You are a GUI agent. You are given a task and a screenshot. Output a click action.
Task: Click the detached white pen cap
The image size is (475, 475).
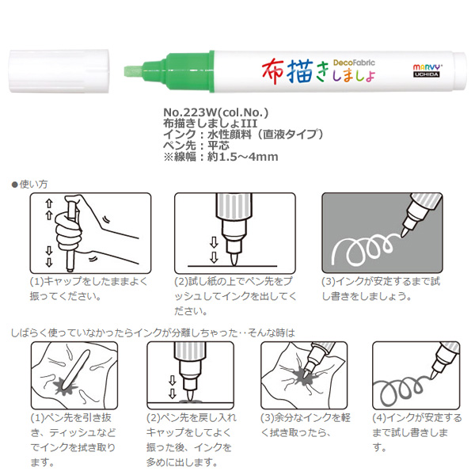[x=59, y=71]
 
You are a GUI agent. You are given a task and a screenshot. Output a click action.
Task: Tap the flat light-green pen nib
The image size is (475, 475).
[x=134, y=72]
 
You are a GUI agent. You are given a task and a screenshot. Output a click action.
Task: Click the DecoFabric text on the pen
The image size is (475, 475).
[x=354, y=63]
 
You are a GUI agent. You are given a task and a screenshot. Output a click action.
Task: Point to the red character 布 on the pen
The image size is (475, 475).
[x=273, y=71]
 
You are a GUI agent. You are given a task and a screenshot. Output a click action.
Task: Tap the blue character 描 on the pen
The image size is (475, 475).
[x=300, y=71]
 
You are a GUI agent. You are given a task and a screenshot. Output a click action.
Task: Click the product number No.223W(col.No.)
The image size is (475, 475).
[x=215, y=112]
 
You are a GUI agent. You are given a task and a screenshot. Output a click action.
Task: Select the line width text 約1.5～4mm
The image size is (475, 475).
[x=243, y=157]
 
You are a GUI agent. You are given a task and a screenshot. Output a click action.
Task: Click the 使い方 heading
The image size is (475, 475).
[x=33, y=184]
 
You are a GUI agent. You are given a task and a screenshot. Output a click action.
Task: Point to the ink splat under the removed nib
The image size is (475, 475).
[x=65, y=387]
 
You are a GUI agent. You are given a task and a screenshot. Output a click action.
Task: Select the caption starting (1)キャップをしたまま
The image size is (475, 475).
[x=89, y=289]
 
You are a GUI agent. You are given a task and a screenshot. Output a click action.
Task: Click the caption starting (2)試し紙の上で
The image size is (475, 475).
[x=235, y=296]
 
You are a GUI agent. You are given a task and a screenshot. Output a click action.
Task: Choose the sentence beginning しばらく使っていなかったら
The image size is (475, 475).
[x=153, y=333]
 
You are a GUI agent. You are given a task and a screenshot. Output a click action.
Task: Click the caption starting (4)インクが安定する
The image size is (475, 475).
[x=417, y=432]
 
